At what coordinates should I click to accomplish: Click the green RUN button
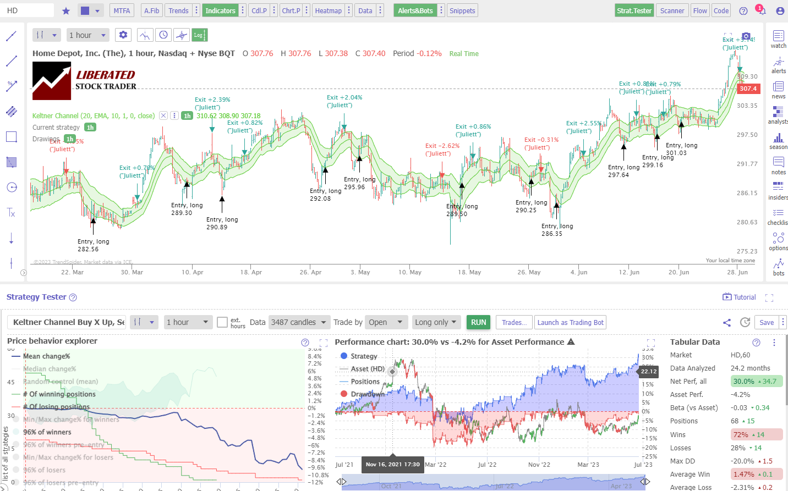tap(478, 322)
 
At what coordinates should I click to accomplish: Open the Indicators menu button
tap(220, 10)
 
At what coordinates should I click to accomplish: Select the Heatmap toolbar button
tap(328, 10)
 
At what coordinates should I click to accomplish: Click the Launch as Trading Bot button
tap(570, 323)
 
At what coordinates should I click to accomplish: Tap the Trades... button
tap(514, 323)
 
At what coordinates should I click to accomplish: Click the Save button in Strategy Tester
tap(766, 323)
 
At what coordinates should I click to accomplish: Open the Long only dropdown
tap(435, 322)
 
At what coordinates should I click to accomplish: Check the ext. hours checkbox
tap(222, 322)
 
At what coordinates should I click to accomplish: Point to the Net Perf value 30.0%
tap(743, 381)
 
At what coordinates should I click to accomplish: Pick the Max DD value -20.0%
tap(742, 461)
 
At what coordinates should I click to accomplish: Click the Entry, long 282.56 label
tap(93, 245)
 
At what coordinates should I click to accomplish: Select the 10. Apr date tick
tap(193, 272)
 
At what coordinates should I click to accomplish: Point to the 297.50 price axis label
tap(747, 135)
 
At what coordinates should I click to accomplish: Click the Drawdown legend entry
tap(367, 394)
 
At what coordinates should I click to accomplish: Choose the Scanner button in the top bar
tap(672, 10)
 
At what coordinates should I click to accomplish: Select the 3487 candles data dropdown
tap(298, 322)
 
